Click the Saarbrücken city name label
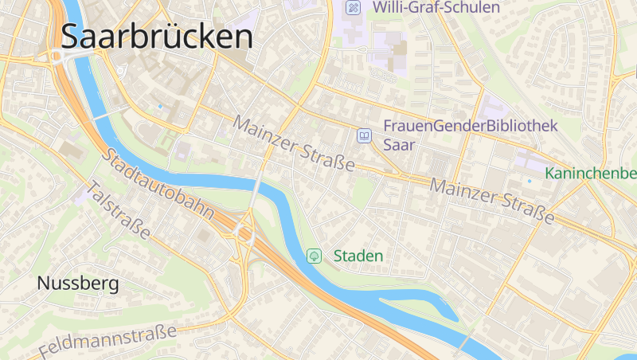click(157, 37)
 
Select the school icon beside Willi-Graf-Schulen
click(353, 8)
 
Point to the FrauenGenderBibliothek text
click(469, 126)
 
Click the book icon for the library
click(364, 136)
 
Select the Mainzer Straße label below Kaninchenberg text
click(491, 202)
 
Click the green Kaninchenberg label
click(591, 174)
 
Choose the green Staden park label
click(358, 256)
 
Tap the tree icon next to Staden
click(315, 256)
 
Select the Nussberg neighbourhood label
click(78, 283)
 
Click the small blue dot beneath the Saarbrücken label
click(159, 106)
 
